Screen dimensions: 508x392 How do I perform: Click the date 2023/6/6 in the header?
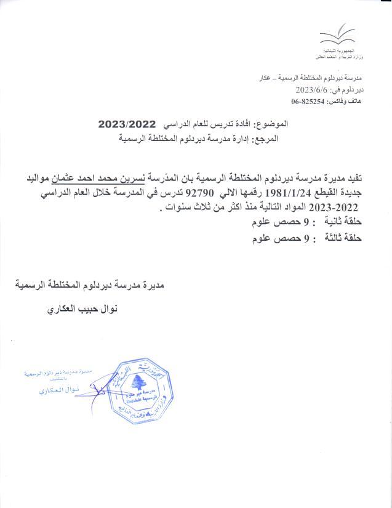326,89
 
